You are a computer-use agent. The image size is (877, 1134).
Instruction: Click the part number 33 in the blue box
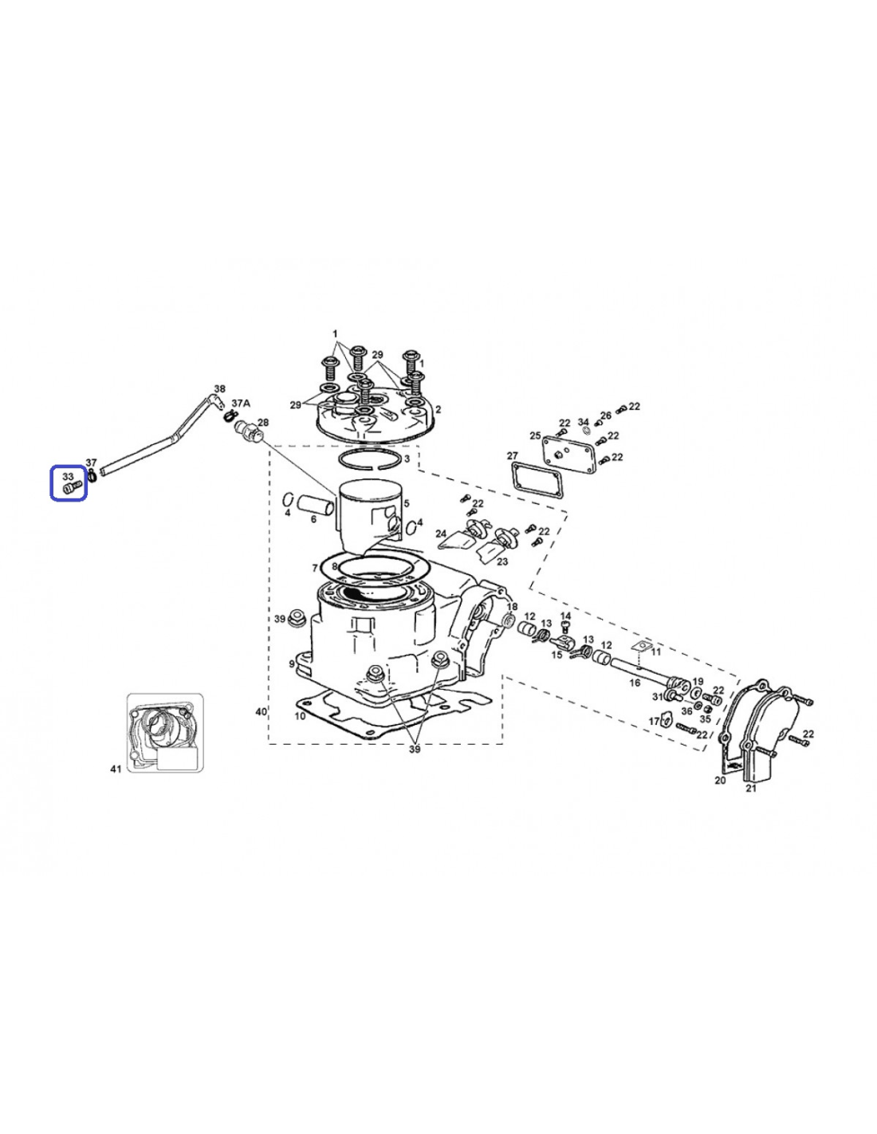pos(68,476)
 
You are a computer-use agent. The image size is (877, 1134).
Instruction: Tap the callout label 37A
pos(241,403)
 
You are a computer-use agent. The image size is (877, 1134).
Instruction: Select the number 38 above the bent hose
pos(219,388)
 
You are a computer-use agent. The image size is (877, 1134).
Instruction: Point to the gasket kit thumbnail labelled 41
pos(165,733)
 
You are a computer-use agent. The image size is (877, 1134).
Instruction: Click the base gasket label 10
pos(300,716)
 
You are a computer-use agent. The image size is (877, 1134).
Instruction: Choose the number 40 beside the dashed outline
pos(261,711)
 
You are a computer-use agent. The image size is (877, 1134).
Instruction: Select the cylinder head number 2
pos(438,410)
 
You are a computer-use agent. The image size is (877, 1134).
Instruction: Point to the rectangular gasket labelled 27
pos(539,478)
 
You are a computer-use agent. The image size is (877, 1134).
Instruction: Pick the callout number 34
pos(584,421)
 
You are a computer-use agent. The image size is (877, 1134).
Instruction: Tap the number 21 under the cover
pos(751,788)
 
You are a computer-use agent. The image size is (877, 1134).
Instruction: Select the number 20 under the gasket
pos(720,780)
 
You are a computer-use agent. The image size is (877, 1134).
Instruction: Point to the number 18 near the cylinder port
pos(513,606)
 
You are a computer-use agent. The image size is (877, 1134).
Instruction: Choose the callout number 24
pos(442,534)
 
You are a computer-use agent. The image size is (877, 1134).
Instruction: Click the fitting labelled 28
pos(250,431)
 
